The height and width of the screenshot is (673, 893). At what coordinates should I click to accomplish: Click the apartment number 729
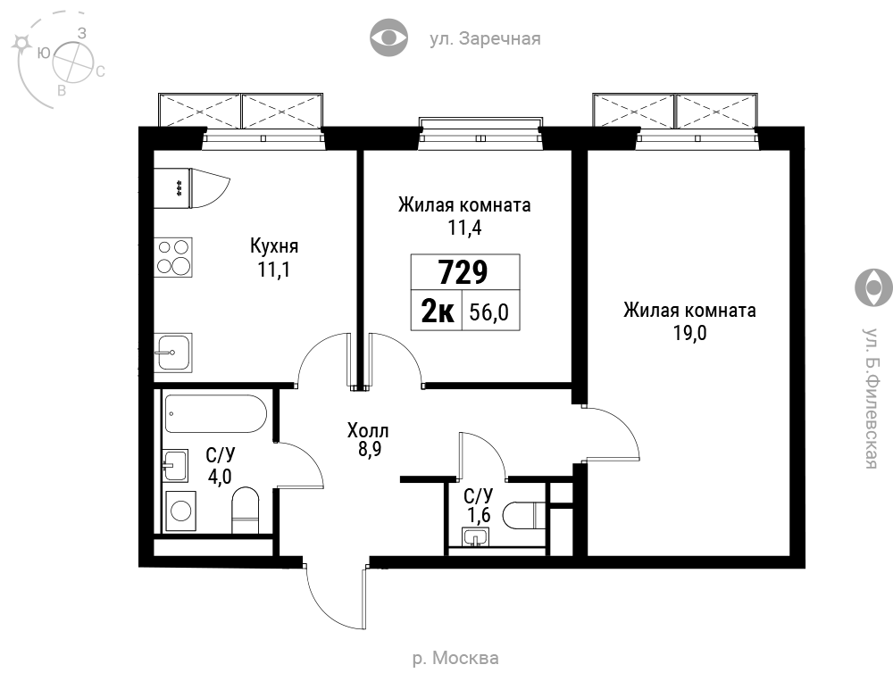click(x=463, y=272)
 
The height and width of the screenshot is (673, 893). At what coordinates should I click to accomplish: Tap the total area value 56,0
click(x=489, y=312)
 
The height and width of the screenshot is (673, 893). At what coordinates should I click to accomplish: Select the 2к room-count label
click(x=438, y=312)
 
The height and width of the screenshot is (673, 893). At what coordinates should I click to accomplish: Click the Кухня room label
click(x=274, y=246)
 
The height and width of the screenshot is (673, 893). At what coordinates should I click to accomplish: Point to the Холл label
click(x=369, y=430)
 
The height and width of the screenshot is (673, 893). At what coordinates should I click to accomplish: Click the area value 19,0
click(x=689, y=333)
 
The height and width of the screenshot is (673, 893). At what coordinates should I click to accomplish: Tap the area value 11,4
click(x=464, y=228)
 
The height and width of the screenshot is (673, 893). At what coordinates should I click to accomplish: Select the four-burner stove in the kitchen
click(x=173, y=257)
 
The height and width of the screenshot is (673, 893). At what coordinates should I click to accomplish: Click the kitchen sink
click(x=173, y=352)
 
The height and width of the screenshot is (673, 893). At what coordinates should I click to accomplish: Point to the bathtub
click(x=216, y=414)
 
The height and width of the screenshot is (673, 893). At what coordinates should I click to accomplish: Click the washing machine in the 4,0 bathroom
click(x=181, y=511)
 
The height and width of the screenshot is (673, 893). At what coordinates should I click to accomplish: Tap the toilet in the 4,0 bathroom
click(x=246, y=510)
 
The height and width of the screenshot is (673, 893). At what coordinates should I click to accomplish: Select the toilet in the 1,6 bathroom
click(x=525, y=515)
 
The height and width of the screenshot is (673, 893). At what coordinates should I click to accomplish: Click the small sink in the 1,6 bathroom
click(x=475, y=537)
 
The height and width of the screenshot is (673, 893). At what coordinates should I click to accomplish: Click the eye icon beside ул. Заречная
click(x=389, y=38)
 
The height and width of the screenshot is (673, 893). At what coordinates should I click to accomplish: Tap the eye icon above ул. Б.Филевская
click(x=873, y=287)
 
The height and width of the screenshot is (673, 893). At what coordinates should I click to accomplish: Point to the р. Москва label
click(x=455, y=658)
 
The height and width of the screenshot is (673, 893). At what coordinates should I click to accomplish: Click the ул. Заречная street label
click(x=485, y=38)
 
